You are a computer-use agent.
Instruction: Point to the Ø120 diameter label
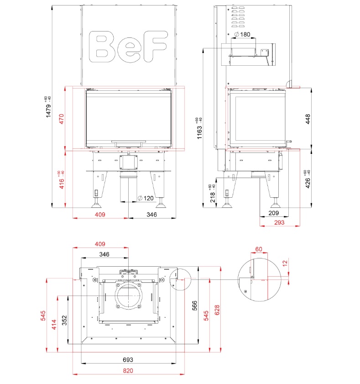coord(146,198)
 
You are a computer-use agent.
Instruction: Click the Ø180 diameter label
coord(242,35)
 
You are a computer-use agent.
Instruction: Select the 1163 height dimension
coord(199,128)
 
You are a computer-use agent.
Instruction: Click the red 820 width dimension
coord(128,370)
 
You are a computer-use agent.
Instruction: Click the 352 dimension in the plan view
coord(64,319)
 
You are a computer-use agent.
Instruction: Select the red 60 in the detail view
coord(259,249)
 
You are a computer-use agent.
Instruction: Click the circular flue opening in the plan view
coord(130,297)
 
